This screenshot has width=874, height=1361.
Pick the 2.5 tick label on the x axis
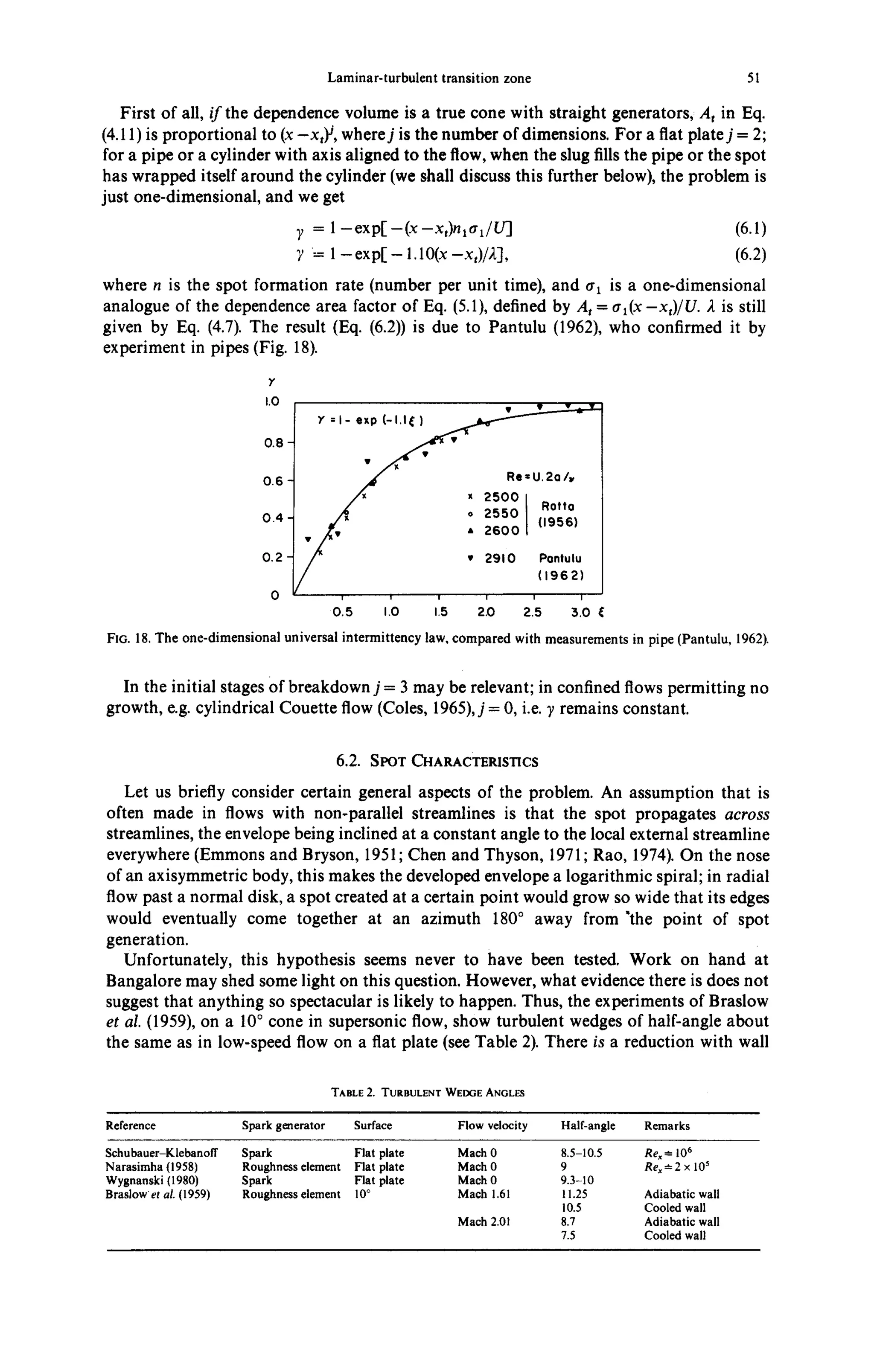click(532, 612)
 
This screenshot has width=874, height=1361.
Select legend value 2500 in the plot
click(501, 497)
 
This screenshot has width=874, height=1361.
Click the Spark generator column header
click(283, 1125)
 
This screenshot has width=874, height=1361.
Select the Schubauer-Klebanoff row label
click(162, 1153)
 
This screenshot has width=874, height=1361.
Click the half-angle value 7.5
click(568, 1235)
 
